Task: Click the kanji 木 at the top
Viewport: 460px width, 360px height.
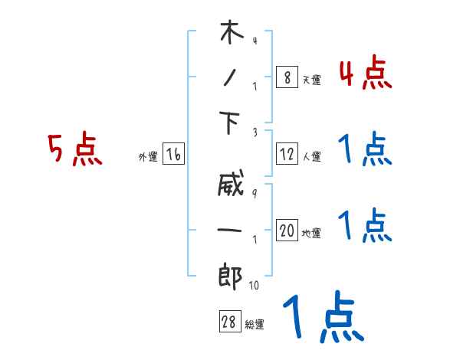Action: (231, 35)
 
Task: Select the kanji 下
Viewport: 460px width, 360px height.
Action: (231, 123)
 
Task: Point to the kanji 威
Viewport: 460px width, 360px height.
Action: (231, 186)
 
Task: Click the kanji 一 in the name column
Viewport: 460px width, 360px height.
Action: (231, 231)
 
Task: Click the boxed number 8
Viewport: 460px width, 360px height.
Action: (287, 77)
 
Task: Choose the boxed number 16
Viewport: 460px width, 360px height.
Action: (173, 155)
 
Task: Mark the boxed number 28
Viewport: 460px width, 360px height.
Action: (228, 322)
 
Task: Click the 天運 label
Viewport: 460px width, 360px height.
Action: (311, 80)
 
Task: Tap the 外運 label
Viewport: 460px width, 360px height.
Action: (147, 157)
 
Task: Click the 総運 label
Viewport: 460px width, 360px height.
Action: (254, 324)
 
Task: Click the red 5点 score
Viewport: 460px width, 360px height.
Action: (74, 149)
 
